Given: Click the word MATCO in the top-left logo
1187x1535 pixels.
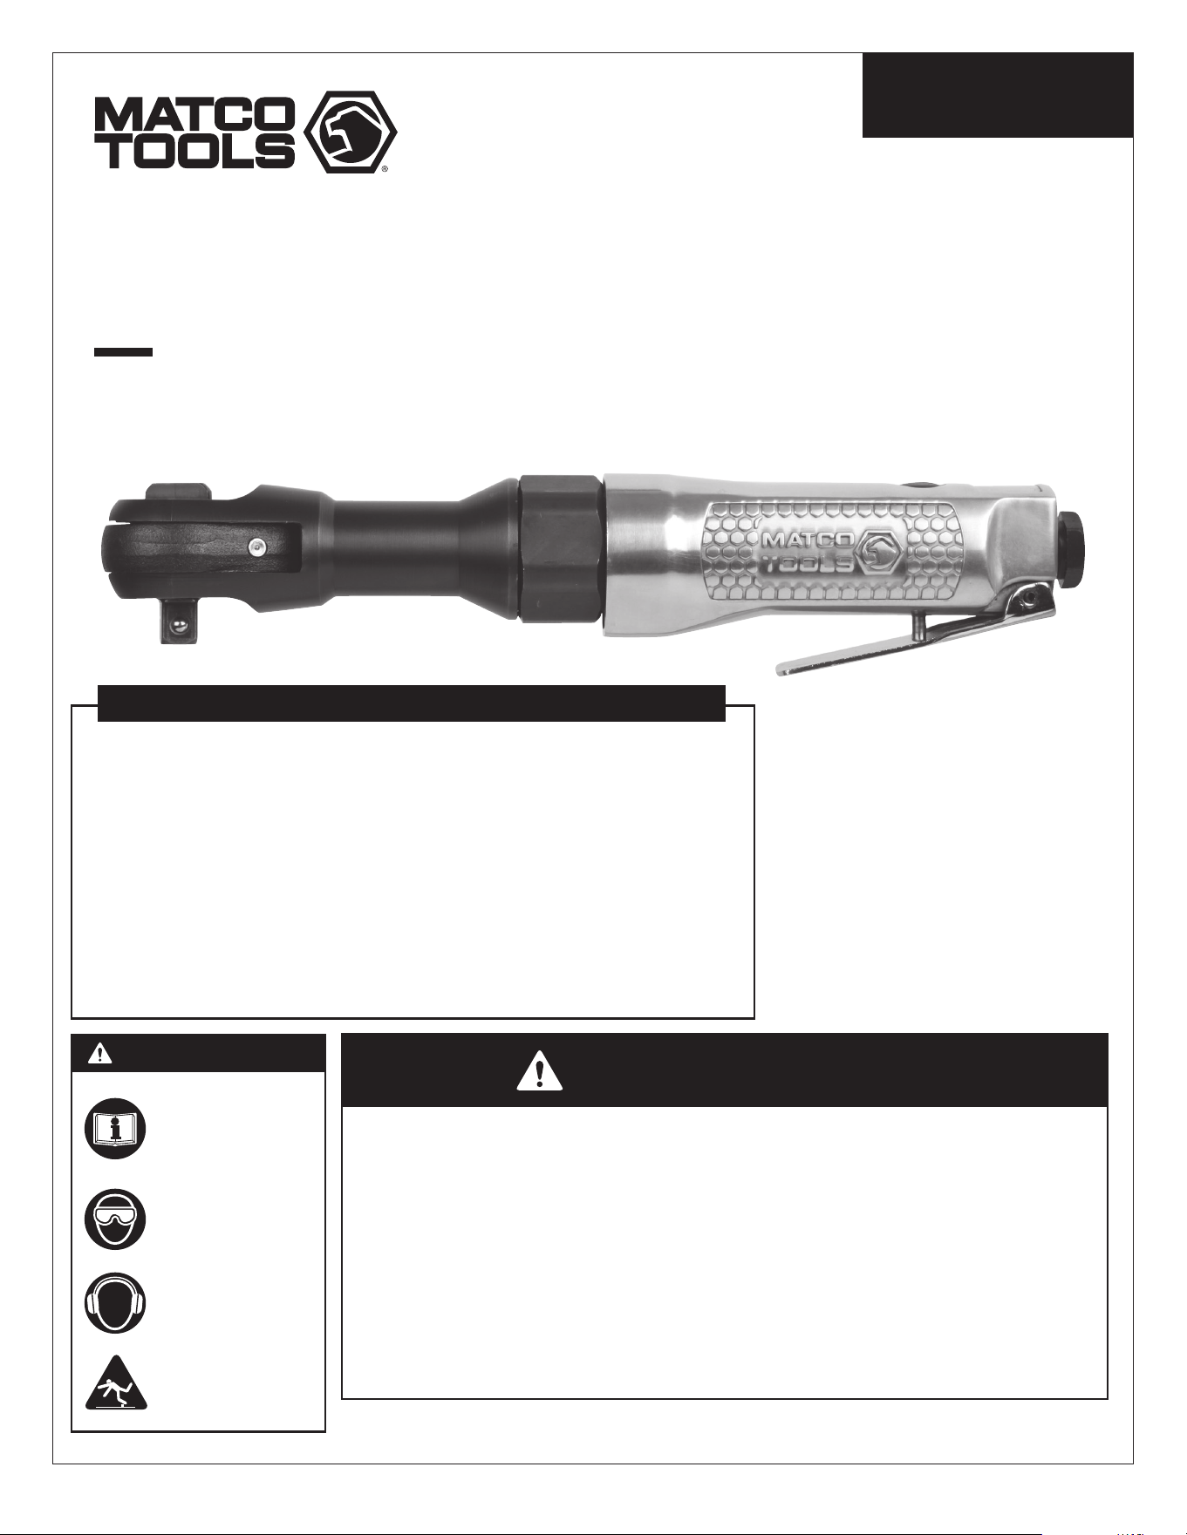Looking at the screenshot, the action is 194,113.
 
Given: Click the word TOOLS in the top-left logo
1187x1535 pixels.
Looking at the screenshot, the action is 194,151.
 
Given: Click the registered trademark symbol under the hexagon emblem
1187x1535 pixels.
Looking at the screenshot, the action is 385,169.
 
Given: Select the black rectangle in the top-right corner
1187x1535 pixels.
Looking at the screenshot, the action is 998,95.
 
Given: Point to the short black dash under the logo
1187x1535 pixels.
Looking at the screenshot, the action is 124,352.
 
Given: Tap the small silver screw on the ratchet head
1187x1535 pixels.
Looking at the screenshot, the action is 256,547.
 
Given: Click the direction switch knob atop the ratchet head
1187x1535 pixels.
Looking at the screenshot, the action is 179,494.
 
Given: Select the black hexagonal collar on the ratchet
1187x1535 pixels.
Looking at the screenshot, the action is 560,548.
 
